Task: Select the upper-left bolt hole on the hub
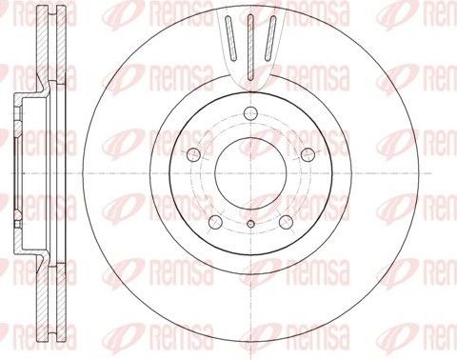coord(193,155)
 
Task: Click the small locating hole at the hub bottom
coord(249,225)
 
